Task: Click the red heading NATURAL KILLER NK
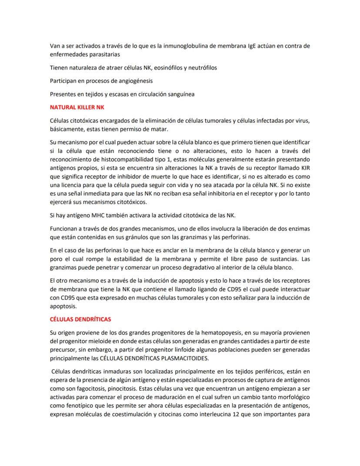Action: coord(77,107)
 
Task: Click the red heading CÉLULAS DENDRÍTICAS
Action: coord(80,319)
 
